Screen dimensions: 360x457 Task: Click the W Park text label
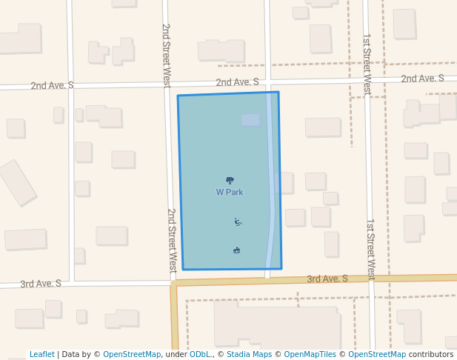230,193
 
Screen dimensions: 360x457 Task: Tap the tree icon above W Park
230,180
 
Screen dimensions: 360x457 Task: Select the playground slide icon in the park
238,221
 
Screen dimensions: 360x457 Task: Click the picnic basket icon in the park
237,250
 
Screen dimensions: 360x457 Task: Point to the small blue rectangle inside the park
250,119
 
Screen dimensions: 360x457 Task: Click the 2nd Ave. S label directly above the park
237,82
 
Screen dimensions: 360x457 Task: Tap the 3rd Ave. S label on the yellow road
327,279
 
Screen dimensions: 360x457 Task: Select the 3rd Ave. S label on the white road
40,284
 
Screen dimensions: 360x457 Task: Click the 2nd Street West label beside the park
172,239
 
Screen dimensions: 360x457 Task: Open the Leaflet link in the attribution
41,355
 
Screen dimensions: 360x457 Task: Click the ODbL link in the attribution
200,355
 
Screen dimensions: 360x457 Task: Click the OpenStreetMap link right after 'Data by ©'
132,355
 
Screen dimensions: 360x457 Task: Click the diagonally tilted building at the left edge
17,182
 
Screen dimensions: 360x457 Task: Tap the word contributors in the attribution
431,355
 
